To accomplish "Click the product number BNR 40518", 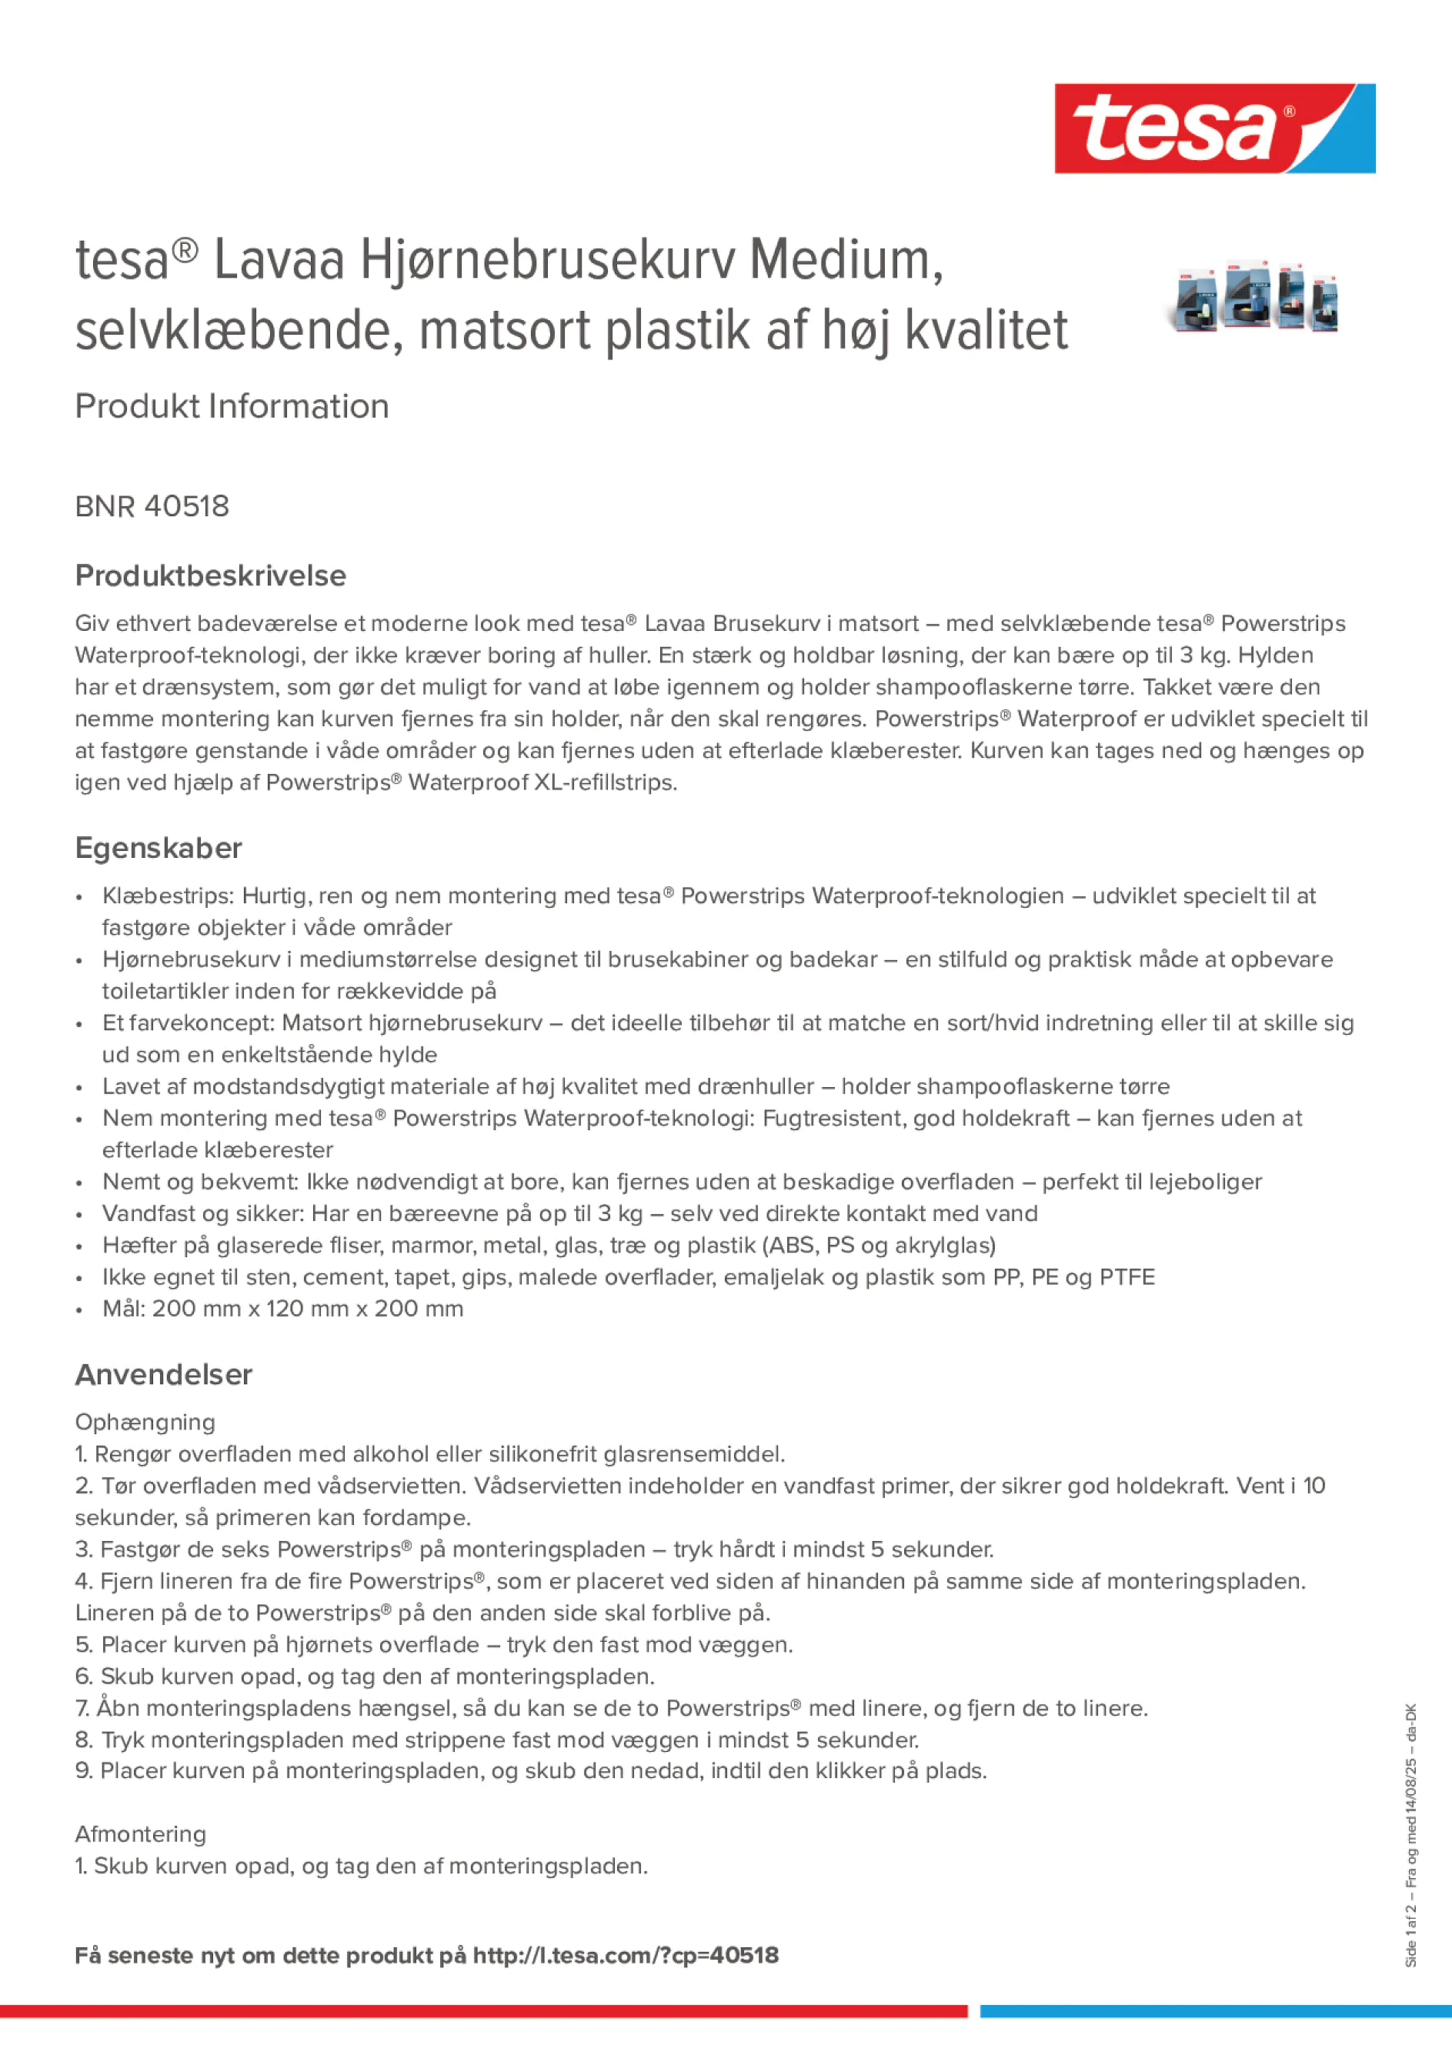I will click(x=152, y=506).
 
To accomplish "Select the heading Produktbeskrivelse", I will click(x=210, y=575).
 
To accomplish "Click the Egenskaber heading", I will click(x=159, y=848).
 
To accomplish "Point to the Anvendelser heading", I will click(x=164, y=1375).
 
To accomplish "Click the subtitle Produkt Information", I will click(x=232, y=406).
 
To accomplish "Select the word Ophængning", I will click(x=145, y=1423).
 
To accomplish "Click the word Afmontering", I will click(x=141, y=1834).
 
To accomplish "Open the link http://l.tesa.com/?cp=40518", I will click(x=625, y=1955).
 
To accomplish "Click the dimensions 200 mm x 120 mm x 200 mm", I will click(x=307, y=1309).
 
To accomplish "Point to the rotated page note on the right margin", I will click(x=1410, y=1835).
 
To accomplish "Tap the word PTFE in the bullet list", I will click(x=1127, y=1277).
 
